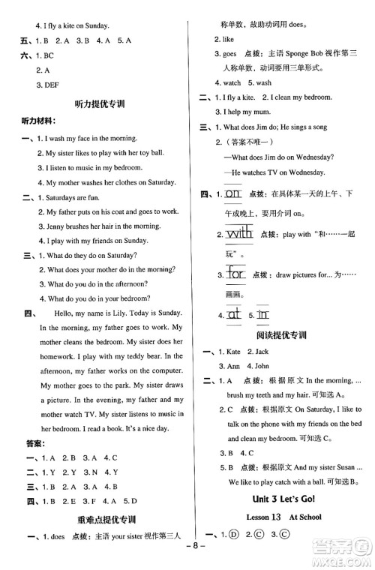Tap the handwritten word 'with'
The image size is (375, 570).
[239, 234]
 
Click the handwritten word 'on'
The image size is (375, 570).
[233, 194]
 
